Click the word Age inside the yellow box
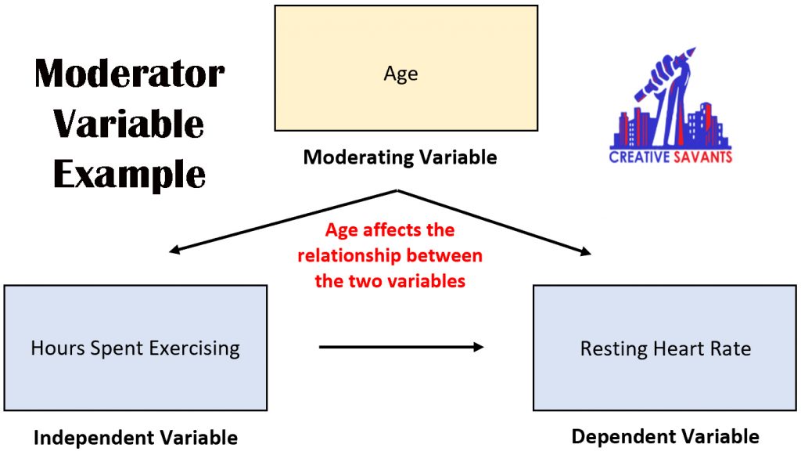400,74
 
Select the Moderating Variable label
400,157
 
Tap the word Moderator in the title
129,74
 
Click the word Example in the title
129,174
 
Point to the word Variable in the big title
129,124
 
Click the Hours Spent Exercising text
135,348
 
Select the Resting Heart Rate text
665,348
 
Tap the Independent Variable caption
135,438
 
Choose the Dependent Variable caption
665,436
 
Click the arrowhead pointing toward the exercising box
174,251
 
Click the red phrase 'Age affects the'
390,231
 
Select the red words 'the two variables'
390,281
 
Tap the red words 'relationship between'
390,256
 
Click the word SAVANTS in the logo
702,157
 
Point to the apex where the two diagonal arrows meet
399,190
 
